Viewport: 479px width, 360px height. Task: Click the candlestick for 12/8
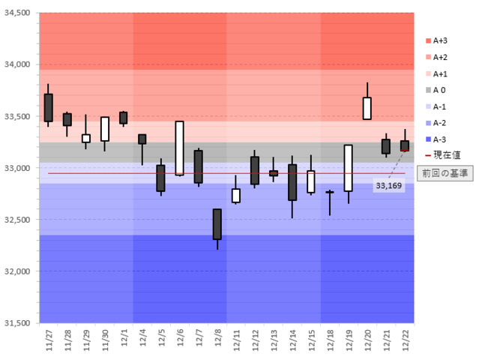(x=217, y=223)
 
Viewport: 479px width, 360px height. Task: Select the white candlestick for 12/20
(x=367, y=108)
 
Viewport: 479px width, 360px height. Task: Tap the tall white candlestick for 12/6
(x=180, y=148)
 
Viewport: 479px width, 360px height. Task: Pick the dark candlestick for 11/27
(x=49, y=107)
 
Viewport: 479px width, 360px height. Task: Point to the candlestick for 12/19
(x=349, y=168)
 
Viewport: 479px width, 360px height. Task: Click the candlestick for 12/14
(x=292, y=182)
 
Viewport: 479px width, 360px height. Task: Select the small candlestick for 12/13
(x=274, y=173)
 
